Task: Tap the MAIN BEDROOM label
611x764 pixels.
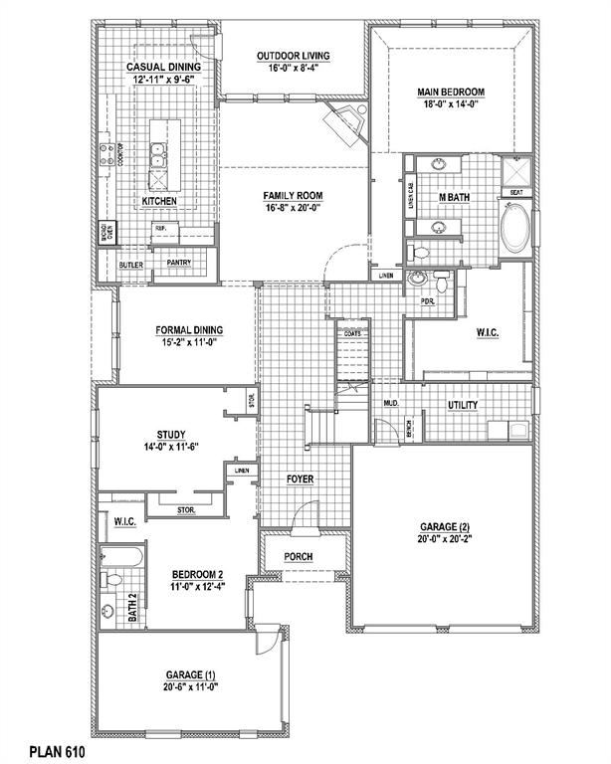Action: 450,94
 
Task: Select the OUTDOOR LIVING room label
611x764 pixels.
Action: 293,56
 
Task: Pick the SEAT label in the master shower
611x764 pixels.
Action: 516,192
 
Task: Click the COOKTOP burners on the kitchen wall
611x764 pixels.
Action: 105,155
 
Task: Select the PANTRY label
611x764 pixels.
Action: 179,263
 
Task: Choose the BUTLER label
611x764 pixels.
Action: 131,266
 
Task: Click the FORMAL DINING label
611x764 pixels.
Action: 188,330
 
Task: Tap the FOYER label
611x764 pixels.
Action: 302,479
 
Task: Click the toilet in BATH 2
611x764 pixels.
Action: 113,578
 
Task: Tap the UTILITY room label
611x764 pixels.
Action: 463,405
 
